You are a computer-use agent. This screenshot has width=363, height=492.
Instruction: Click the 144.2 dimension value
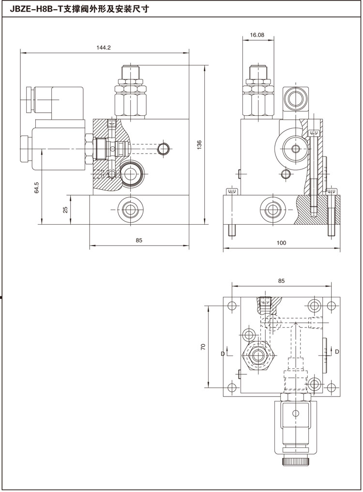(104, 47)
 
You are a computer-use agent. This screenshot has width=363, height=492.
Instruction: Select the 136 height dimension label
(199, 145)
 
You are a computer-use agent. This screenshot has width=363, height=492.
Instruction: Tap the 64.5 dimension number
(37, 188)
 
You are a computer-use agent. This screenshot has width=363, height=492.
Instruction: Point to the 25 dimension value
(65, 209)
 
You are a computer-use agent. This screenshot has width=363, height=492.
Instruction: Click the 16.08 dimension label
(257, 35)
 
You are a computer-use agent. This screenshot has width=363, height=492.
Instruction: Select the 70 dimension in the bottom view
(203, 346)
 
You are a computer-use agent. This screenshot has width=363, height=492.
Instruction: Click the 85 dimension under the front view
(139, 240)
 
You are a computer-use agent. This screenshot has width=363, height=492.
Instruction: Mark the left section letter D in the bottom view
(223, 354)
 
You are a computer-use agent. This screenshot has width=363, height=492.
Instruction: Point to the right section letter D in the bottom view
(336, 351)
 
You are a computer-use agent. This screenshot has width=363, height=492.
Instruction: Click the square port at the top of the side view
(294, 98)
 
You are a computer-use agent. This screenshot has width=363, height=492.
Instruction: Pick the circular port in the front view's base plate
(130, 209)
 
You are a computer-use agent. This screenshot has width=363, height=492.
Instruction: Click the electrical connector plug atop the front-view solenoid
(53, 100)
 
